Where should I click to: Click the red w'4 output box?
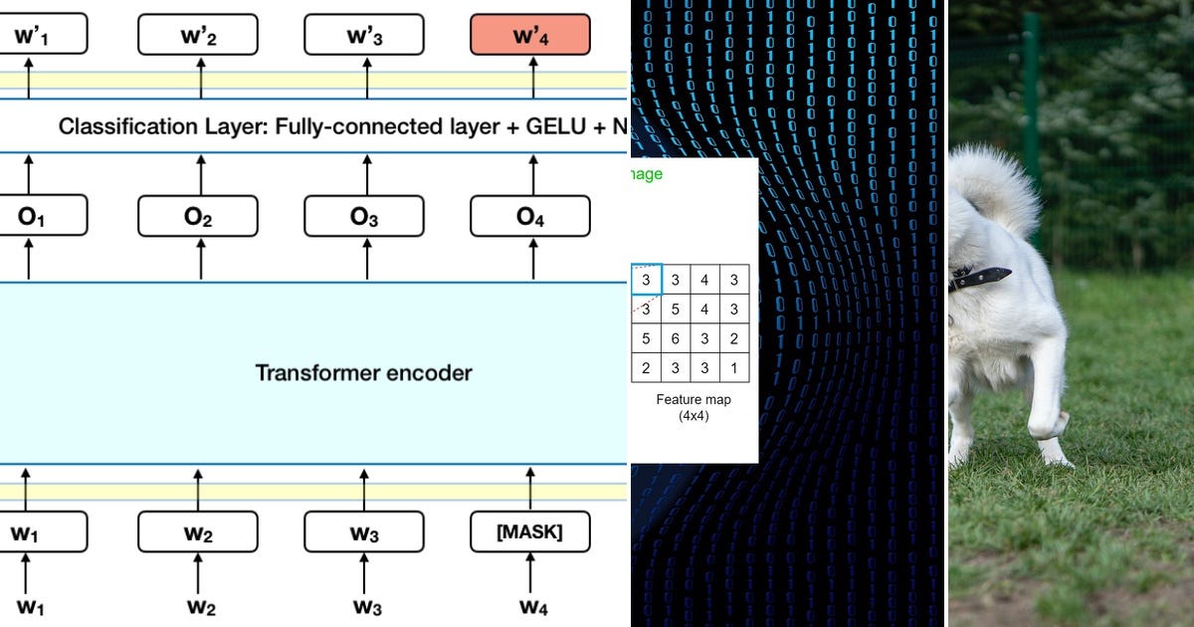[529, 37]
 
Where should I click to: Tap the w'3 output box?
[363, 37]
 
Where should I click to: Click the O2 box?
[198, 216]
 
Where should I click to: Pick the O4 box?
[529, 216]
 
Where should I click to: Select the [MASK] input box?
[529, 532]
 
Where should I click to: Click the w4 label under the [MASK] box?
[529, 606]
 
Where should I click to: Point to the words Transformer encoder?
[363, 373]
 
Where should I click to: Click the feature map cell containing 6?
[676, 338]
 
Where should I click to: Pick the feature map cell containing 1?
[733, 367]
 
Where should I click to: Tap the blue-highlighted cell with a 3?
[646, 280]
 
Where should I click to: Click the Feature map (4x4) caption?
[694, 406]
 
